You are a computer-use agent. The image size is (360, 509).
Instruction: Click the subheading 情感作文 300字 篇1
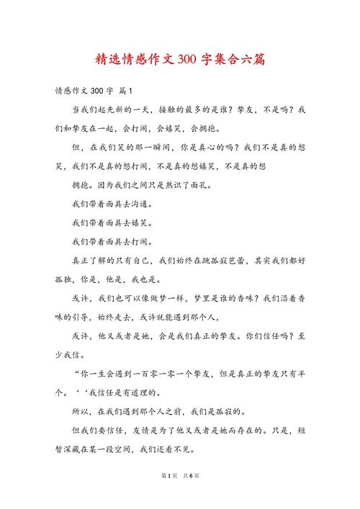point(93,92)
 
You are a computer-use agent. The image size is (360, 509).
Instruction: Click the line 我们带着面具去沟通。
point(112,204)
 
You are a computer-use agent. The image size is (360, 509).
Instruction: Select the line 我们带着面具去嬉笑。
point(112,222)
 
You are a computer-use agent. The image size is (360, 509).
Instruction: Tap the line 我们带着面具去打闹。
point(112,241)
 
